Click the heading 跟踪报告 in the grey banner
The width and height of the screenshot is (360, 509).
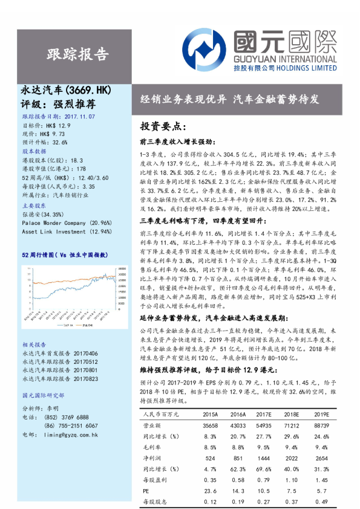coord(77,54)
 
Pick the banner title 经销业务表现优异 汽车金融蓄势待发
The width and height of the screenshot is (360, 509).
coord(229,99)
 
